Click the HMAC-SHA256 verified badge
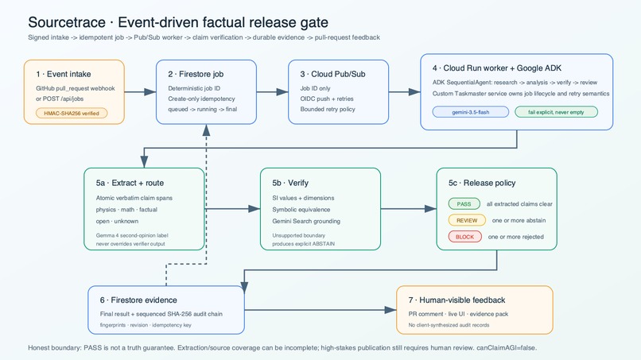72,113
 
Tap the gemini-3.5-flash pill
471,112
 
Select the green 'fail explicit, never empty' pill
556,112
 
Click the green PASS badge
464,204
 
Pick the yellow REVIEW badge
467,220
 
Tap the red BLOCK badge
464,237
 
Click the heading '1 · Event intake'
64,74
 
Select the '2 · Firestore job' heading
196,74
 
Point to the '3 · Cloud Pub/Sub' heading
332,74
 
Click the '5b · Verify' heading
290,183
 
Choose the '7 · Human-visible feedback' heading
456,300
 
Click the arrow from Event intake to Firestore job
140,92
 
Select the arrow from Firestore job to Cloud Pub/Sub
272,92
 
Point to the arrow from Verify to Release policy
409,209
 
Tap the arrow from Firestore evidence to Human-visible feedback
320,310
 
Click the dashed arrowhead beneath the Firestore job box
207,130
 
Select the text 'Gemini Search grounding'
306,221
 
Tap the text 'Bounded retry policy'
328,109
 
